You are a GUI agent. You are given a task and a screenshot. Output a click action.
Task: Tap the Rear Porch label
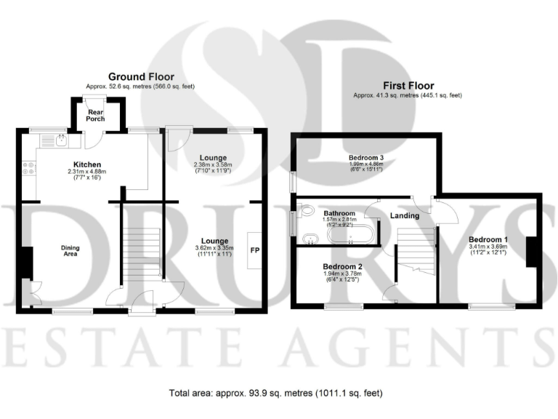click(96, 115)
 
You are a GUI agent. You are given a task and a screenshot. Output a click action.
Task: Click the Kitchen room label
click(85, 164)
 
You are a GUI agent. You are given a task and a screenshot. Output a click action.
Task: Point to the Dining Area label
click(70, 250)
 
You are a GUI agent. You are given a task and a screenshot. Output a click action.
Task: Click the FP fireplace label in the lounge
click(255, 250)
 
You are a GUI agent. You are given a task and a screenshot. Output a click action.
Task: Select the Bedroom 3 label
click(365, 158)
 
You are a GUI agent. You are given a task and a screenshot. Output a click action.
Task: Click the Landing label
click(404, 215)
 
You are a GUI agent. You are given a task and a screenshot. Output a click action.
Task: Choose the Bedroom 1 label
click(488, 239)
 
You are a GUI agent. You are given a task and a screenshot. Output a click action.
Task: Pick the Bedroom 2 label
click(342, 266)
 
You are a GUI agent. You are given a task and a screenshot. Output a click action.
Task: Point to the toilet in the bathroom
click(305, 212)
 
